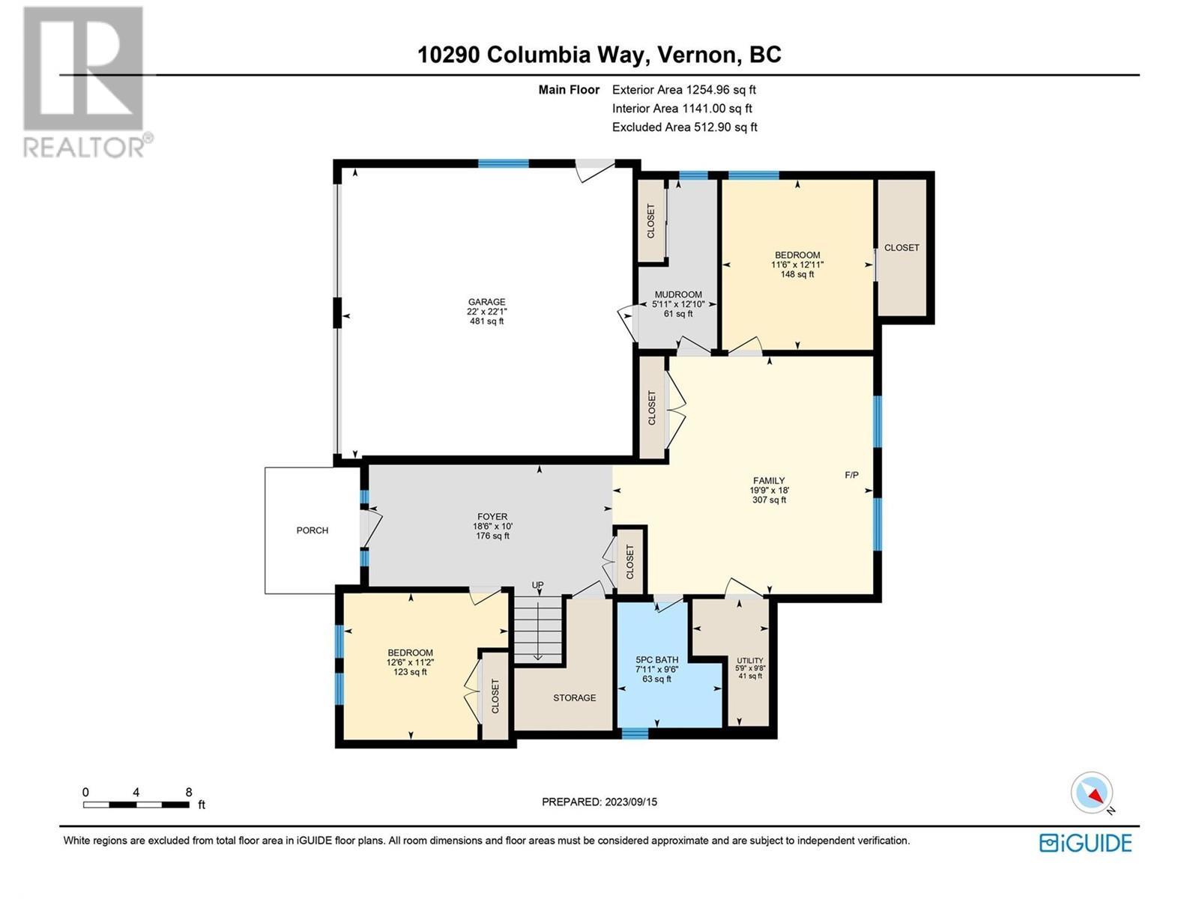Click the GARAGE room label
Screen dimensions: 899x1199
[x=486, y=302]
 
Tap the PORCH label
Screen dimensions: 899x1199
[x=312, y=530]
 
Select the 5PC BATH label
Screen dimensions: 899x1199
[x=656, y=660]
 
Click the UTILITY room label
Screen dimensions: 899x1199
[x=750, y=661]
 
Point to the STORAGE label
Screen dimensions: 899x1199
[x=575, y=697]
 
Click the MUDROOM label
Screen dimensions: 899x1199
[x=678, y=294]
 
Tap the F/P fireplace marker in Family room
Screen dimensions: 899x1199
[x=851, y=475]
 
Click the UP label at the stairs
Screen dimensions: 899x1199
[x=537, y=585]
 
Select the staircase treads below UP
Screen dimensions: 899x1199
[x=537, y=629]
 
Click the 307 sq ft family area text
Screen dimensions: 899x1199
[x=769, y=500]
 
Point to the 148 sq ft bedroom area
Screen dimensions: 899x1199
[x=797, y=274]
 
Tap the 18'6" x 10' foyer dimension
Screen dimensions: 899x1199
[x=492, y=526]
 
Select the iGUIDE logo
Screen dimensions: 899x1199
[x=1085, y=843]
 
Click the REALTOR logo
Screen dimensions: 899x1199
[x=84, y=82]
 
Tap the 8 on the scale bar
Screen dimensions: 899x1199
[x=189, y=792]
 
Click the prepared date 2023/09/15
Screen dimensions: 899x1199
[x=629, y=802]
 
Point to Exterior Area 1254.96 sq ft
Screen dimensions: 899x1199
[x=683, y=90]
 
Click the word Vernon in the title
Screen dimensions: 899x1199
[x=698, y=55]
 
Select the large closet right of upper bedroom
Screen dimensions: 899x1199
[x=901, y=247]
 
